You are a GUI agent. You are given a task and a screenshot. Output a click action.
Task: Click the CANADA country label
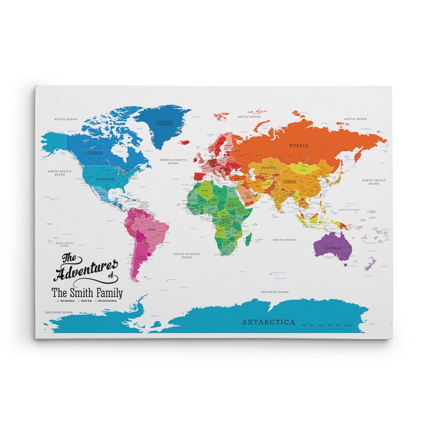pyautogui.click(x=95, y=152)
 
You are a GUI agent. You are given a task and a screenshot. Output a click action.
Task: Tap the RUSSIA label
pyautogui.click(x=299, y=145)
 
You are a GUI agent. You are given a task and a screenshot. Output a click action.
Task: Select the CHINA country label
pyautogui.click(x=289, y=181)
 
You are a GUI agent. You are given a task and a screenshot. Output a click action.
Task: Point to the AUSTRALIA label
pyautogui.click(x=333, y=248)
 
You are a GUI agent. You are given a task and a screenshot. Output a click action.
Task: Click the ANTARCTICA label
pyautogui.click(x=268, y=323)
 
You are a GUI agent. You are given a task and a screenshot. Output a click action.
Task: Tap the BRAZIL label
pyautogui.click(x=152, y=229)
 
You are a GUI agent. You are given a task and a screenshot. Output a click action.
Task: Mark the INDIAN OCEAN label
pyautogui.click(x=284, y=240)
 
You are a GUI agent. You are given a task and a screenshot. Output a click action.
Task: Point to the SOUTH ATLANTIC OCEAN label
pyautogui.click(x=187, y=256)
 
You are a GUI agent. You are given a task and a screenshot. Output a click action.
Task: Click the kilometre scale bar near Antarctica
pyautogui.click(x=325, y=325)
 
